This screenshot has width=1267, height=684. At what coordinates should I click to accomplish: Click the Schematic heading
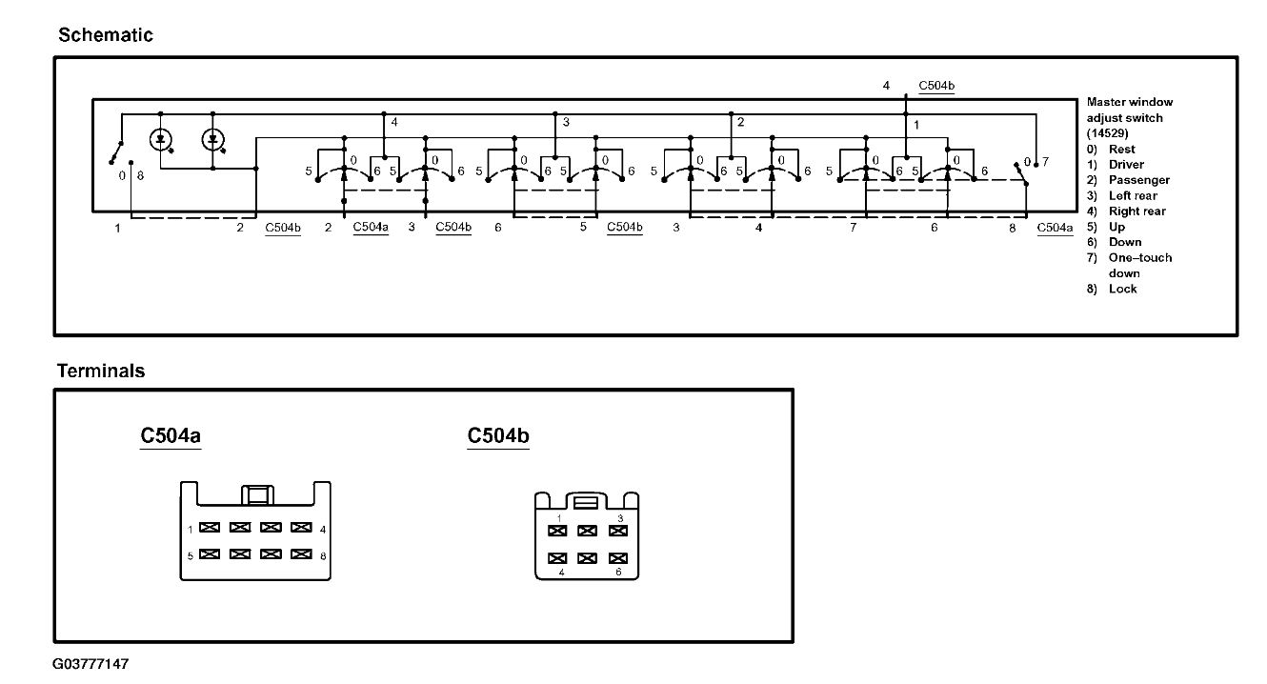tap(106, 35)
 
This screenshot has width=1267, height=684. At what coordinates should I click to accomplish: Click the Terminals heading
tap(101, 371)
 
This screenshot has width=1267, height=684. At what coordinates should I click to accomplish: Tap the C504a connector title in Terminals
tap(171, 436)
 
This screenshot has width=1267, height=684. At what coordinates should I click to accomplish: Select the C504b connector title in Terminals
tap(498, 436)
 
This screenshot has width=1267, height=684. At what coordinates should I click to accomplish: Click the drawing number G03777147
tap(90, 663)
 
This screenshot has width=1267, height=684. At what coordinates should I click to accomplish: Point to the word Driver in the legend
tap(1126, 165)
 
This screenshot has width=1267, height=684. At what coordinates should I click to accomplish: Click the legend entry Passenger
tap(1139, 180)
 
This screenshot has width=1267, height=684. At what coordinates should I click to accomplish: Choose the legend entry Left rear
tap(1133, 195)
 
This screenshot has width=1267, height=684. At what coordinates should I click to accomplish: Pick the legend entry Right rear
tap(1137, 211)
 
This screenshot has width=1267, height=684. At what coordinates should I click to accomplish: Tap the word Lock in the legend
tap(1123, 289)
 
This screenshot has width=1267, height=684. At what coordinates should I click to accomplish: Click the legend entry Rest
tap(1122, 150)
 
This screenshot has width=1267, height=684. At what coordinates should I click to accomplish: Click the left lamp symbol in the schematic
tap(161, 140)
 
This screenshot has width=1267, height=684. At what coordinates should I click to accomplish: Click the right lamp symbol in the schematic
tap(213, 140)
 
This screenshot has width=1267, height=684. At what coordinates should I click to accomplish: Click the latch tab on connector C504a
tap(256, 494)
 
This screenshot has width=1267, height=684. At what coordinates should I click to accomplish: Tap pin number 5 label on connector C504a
tap(191, 554)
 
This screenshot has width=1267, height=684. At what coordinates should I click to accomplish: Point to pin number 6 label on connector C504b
tap(618, 573)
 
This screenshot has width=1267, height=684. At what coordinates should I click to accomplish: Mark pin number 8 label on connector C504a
tap(324, 554)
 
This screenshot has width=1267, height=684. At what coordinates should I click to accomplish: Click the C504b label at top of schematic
tap(936, 86)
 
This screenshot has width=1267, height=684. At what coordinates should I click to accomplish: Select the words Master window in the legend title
tap(1130, 102)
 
